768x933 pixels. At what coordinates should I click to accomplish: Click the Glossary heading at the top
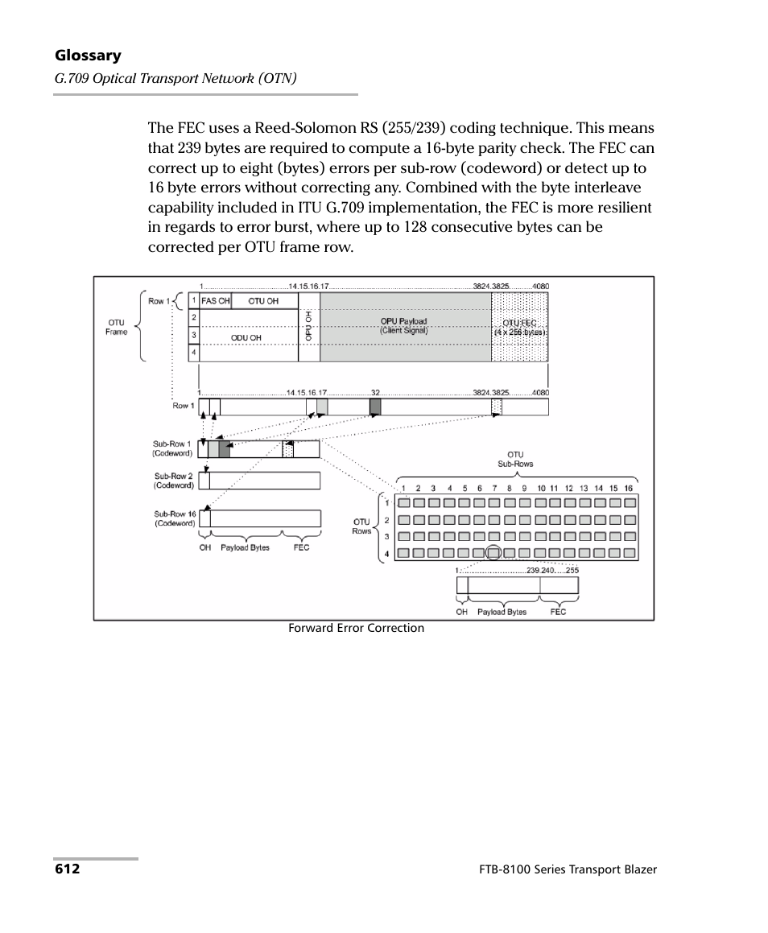pyautogui.click(x=88, y=56)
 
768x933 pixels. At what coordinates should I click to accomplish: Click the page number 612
pyautogui.click(x=67, y=869)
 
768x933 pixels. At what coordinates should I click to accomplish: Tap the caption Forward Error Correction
pyautogui.click(x=356, y=628)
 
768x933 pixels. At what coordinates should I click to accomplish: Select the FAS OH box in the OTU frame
pyautogui.click(x=215, y=301)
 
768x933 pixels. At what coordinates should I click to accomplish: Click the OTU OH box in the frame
pyautogui.click(x=263, y=301)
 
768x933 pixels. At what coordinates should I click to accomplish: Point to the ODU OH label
pyautogui.click(x=246, y=337)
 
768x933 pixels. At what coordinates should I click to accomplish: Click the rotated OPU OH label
pyautogui.click(x=308, y=326)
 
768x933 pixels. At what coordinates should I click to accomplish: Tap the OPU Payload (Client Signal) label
pyautogui.click(x=404, y=325)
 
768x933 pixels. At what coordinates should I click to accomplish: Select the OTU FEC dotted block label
pyautogui.click(x=519, y=327)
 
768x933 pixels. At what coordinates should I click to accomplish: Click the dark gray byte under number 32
pyautogui.click(x=374, y=407)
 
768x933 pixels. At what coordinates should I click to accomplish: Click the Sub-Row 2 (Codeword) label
pyautogui.click(x=174, y=481)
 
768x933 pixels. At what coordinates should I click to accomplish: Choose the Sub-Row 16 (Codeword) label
pyautogui.click(x=175, y=518)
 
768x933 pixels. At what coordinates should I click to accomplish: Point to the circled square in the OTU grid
pyautogui.click(x=493, y=553)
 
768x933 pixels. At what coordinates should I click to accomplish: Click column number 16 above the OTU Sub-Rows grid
pyautogui.click(x=628, y=489)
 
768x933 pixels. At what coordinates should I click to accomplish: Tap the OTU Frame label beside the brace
pyautogui.click(x=117, y=327)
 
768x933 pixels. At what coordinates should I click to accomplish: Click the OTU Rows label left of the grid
pyautogui.click(x=361, y=526)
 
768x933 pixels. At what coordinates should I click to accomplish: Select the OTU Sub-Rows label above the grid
pyautogui.click(x=515, y=459)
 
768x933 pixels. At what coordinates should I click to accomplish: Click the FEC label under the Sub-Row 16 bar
pyautogui.click(x=301, y=547)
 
